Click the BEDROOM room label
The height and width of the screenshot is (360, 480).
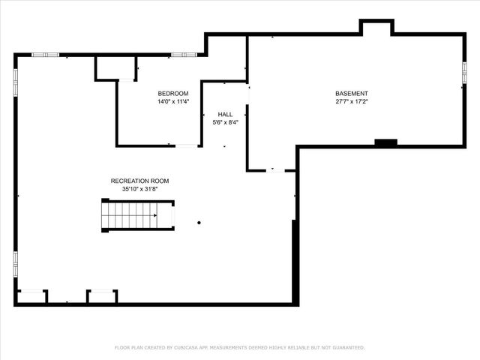pyautogui.click(x=173, y=93)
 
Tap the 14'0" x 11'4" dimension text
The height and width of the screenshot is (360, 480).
pyautogui.click(x=173, y=101)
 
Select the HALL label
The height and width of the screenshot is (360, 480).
pyautogui.click(x=225, y=115)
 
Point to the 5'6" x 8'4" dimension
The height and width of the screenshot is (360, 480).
pyautogui.click(x=225, y=122)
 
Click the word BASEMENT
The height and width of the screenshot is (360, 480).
pyautogui.click(x=352, y=94)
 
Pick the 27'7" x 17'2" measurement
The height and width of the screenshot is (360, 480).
pyautogui.click(x=352, y=101)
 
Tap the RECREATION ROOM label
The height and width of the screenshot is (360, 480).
pyautogui.click(x=139, y=181)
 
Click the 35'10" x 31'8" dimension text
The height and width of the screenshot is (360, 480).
pyautogui.click(x=139, y=189)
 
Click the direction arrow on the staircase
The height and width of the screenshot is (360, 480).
pyautogui.click(x=154, y=214)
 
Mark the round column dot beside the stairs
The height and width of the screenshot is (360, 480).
pyautogui.click(x=199, y=222)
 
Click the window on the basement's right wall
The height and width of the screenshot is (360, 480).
pyautogui.click(x=464, y=73)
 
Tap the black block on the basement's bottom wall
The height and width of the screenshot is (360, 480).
pyautogui.click(x=385, y=142)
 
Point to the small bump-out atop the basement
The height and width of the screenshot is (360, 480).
pyautogui.click(x=376, y=28)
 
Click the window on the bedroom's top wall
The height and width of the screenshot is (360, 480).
pyautogui.click(x=182, y=55)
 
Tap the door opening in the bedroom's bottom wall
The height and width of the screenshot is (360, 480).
pyautogui.click(x=187, y=145)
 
